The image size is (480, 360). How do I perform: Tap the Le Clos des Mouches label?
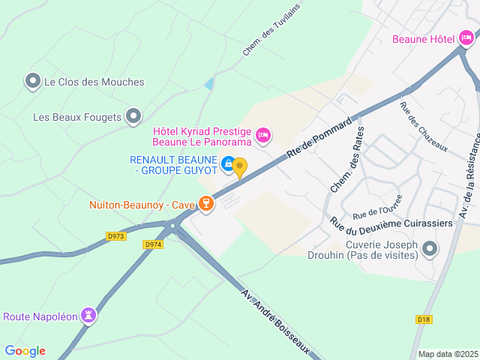[x=94, y=82]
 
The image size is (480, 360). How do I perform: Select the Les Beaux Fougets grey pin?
[x=133, y=116]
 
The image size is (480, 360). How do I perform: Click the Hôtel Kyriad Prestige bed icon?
[x=262, y=135]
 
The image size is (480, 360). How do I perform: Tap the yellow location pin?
[x=239, y=167]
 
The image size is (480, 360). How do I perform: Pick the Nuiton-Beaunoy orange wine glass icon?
[x=205, y=203]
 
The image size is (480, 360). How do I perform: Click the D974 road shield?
[x=153, y=244]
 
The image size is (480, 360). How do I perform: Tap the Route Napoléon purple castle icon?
[x=89, y=316]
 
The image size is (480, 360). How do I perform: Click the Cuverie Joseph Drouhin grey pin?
[x=429, y=248]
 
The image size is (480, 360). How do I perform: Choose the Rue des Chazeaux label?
[x=424, y=127]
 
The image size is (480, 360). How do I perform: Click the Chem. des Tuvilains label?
[x=265, y=34]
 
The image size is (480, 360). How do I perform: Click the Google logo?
[x=25, y=351]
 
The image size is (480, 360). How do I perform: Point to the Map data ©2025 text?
[x=447, y=354]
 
